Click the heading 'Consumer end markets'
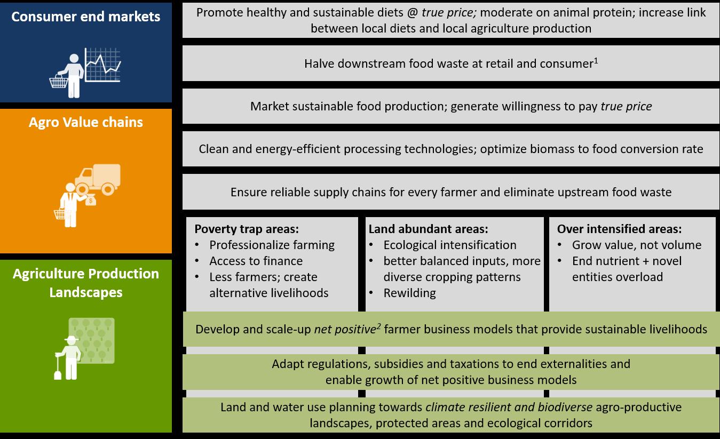(85, 17)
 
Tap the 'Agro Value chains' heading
(85, 122)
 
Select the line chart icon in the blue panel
(103, 65)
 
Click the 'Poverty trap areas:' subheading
(246, 229)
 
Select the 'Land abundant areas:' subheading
(428, 229)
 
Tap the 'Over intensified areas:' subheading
(619, 229)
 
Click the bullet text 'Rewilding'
(409, 293)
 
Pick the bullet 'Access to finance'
(256, 261)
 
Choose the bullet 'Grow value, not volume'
(637, 245)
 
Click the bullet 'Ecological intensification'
(449, 245)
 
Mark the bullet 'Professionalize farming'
(272, 245)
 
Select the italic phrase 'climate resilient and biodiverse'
(509, 408)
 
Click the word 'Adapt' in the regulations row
(288, 364)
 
